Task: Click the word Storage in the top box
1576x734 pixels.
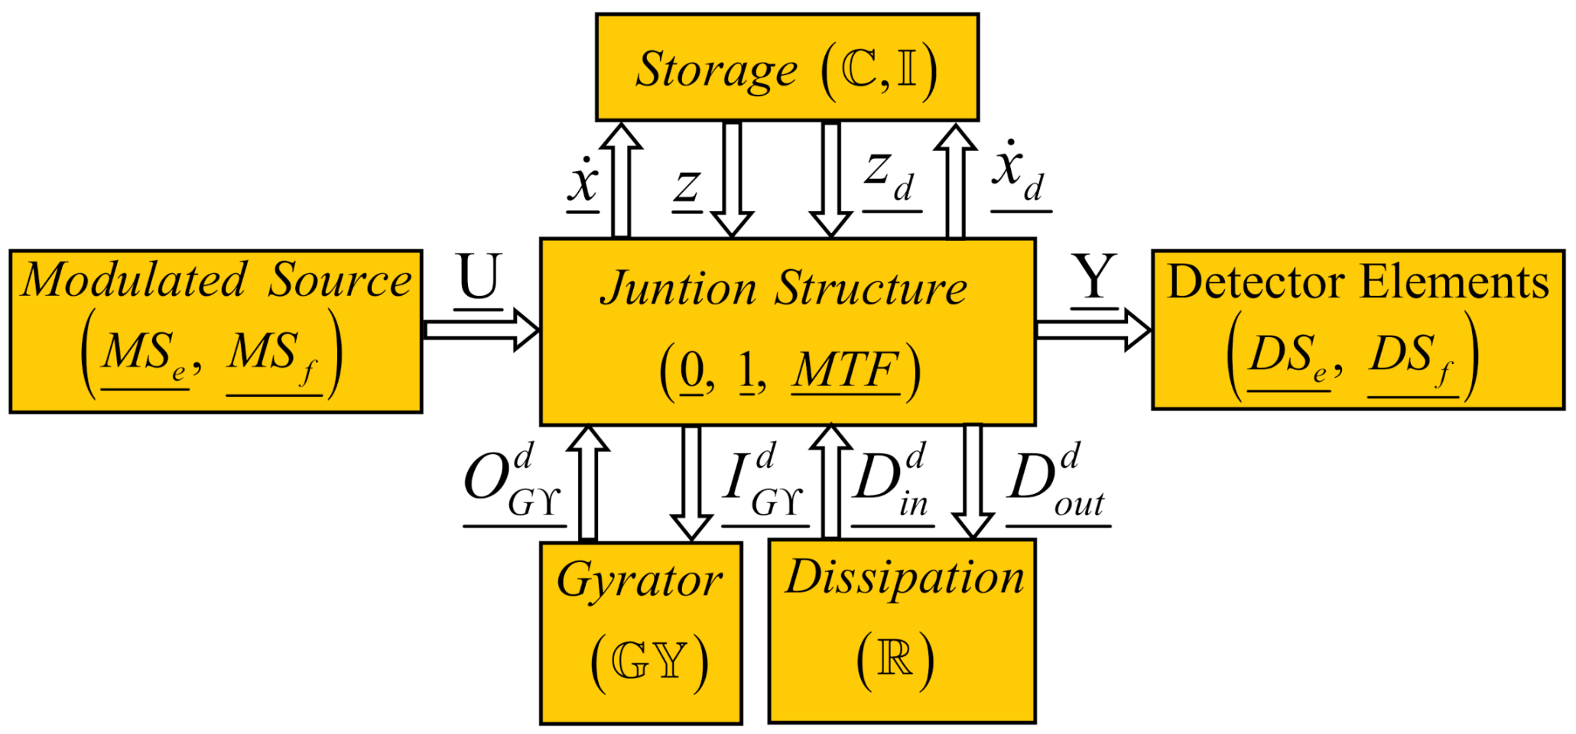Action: (717, 70)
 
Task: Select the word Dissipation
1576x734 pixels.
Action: (905, 579)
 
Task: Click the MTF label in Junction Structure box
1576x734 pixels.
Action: (845, 372)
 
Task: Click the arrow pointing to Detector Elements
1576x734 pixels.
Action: (1093, 330)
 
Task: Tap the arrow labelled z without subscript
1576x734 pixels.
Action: (732, 180)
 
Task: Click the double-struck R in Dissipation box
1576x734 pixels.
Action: (895, 658)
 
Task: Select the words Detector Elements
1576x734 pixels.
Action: (1358, 282)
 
